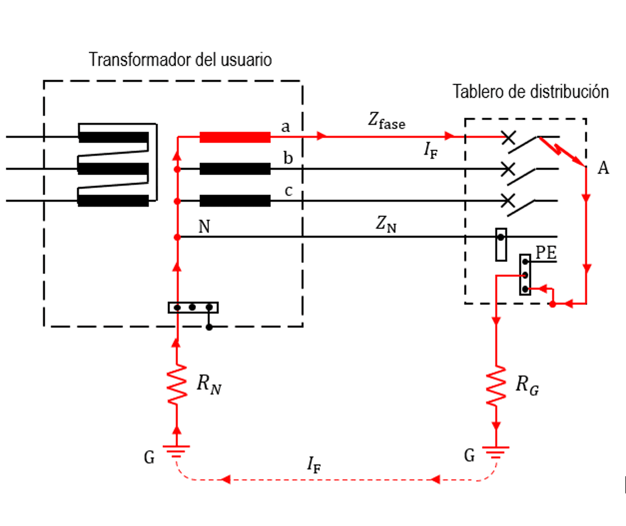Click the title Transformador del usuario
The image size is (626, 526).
[x=180, y=60]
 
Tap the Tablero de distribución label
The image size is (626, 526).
[x=530, y=92]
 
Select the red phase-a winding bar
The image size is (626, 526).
[x=235, y=137]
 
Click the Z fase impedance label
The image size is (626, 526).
[x=386, y=120]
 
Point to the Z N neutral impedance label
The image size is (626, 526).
[x=386, y=224]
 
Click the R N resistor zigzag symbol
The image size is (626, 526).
[x=177, y=384]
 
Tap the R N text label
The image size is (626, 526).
[x=209, y=385]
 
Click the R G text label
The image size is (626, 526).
[x=527, y=385]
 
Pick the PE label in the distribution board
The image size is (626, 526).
[x=546, y=252]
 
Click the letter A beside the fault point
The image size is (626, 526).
[x=603, y=168]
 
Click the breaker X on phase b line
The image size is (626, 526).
[x=508, y=169]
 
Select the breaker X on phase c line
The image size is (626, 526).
[x=508, y=201]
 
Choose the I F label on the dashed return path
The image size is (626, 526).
[x=314, y=465]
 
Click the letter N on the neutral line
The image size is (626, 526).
[x=204, y=227]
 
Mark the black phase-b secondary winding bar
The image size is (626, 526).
[x=235, y=169]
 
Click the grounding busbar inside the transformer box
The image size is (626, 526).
[x=193, y=307]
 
